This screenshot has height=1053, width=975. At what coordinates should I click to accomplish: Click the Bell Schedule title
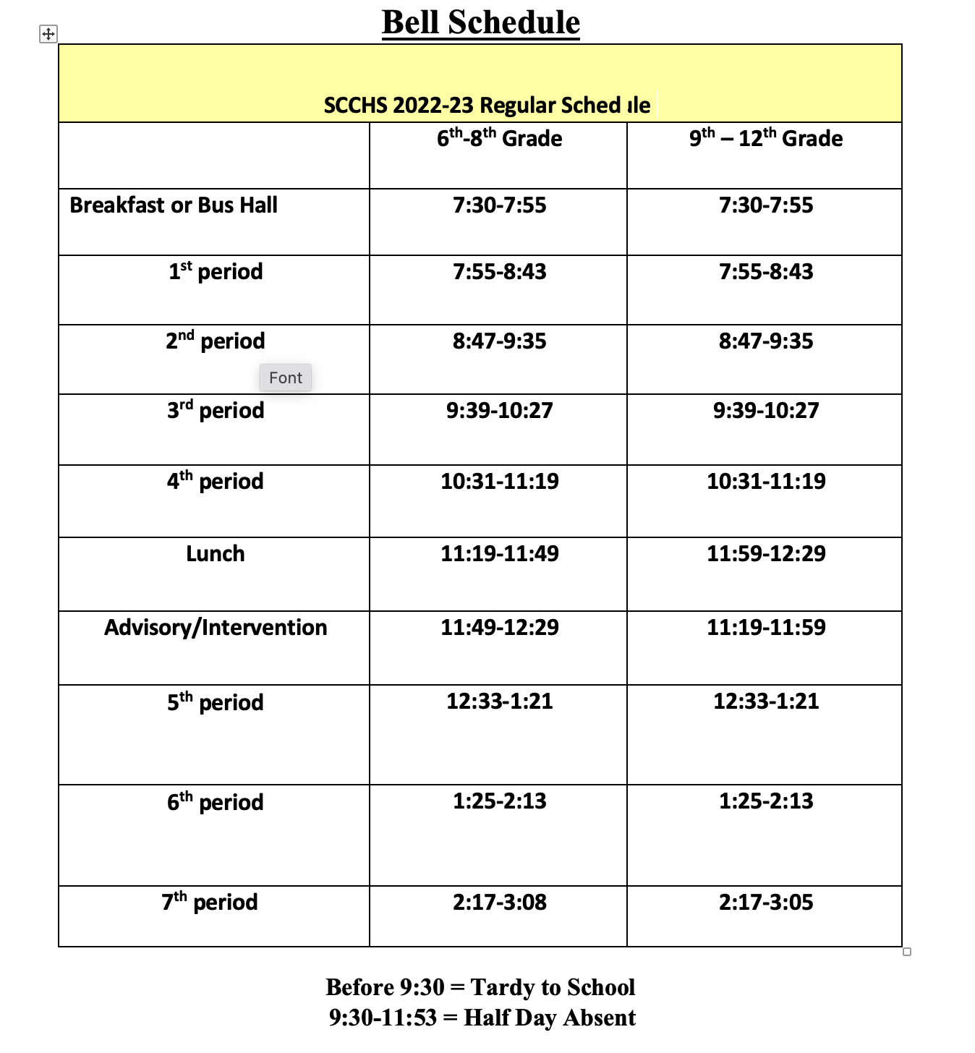tap(480, 22)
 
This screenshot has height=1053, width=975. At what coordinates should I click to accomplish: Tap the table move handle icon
tap(48, 34)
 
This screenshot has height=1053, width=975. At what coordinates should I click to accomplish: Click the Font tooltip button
tap(286, 378)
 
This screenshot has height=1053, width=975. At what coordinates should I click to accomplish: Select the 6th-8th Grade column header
tap(499, 138)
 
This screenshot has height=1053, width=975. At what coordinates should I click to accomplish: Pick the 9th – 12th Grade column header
tap(765, 138)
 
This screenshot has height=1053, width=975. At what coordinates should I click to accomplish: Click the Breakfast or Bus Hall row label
tap(174, 205)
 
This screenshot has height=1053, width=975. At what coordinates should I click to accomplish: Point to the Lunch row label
tap(215, 554)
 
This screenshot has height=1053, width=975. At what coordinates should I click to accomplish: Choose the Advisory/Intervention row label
tap(216, 627)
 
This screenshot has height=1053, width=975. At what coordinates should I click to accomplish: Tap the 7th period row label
tap(210, 902)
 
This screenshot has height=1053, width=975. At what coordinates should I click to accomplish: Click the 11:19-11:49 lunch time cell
tap(500, 554)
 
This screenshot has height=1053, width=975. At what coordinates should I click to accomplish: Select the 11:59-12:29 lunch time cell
tap(766, 554)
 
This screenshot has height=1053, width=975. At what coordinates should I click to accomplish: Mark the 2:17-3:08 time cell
tap(500, 903)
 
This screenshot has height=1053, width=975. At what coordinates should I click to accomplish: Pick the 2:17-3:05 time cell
tap(766, 903)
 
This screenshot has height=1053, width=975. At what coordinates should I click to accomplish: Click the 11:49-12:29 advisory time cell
tap(500, 627)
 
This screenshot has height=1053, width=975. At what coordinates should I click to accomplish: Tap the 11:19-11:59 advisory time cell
tap(766, 627)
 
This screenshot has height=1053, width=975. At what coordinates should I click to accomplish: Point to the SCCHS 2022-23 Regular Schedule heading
tap(487, 106)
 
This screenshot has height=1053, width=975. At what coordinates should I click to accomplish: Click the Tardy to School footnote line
tap(480, 987)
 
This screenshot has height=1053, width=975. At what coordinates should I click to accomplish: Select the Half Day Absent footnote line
tap(482, 1018)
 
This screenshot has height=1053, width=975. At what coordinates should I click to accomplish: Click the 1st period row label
tap(216, 272)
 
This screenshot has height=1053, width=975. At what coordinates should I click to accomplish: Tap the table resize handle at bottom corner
tap(907, 952)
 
